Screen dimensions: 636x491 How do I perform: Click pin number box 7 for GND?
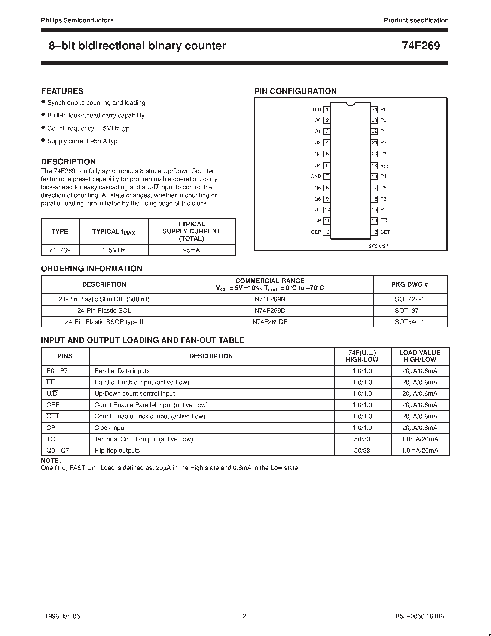click(327, 176)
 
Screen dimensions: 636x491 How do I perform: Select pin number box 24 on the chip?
click(374, 109)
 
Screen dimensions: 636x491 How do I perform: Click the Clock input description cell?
click(110, 428)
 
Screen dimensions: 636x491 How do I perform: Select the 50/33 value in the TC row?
click(362, 439)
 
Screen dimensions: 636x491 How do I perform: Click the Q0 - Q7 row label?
click(58, 451)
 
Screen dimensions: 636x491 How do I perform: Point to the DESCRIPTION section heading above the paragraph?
click(68, 162)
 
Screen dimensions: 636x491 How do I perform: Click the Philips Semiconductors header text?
click(77, 20)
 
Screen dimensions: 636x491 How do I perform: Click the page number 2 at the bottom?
click(244, 616)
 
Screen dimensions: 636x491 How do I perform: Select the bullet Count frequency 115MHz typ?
click(88, 128)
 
